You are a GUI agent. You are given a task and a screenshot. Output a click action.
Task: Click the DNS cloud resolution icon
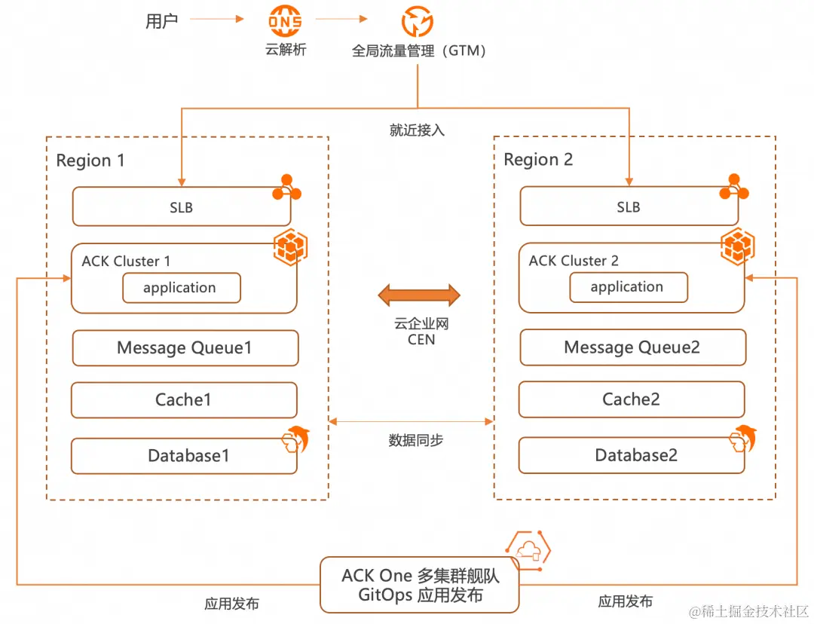tap(286, 23)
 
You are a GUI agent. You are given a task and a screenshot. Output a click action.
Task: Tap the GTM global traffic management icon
tap(417, 23)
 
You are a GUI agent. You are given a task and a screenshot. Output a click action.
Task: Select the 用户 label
tap(161, 21)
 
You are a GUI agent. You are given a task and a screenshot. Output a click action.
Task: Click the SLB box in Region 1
tap(181, 206)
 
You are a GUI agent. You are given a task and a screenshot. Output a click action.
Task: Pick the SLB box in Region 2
tap(629, 206)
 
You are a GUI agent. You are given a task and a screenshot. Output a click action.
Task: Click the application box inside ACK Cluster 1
tap(181, 288)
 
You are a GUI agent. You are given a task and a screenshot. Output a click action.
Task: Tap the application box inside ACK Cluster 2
tap(628, 287)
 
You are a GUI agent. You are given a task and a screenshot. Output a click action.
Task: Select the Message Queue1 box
tap(185, 348)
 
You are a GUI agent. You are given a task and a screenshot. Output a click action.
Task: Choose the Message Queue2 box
tap(632, 347)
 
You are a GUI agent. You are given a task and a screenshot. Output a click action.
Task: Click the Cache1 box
tap(184, 400)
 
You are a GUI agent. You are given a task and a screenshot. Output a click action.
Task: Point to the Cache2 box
tap(631, 399)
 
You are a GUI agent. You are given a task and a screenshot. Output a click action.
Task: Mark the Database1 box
tap(184, 456)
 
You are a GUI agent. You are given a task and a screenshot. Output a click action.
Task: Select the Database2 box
tap(631, 455)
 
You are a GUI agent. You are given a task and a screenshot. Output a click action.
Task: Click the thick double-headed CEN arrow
tap(418, 295)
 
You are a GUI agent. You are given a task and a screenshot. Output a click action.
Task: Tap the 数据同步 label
tap(416, 440)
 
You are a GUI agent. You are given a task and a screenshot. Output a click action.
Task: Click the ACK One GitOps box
tap(420, 585)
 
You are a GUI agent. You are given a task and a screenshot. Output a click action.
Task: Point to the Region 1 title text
tap(90, 161)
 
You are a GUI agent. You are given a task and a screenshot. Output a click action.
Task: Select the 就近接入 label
tap(417, 130)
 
